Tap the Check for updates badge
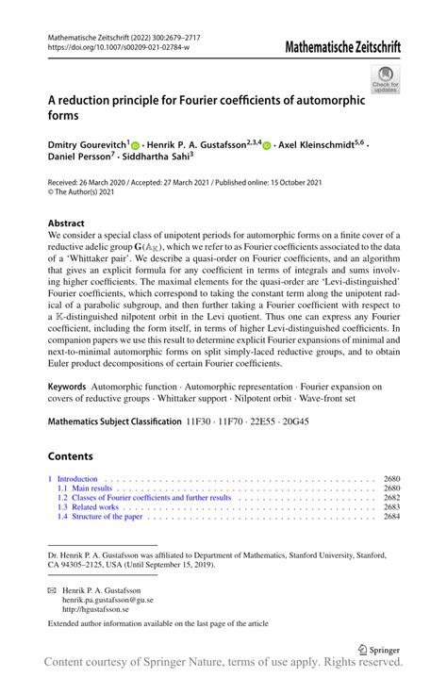388,79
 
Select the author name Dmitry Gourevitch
88,147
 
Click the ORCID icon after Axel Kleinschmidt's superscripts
267,147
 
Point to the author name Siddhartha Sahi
161,160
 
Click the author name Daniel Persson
82,160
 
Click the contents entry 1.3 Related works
91,507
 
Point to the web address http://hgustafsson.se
100,609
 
